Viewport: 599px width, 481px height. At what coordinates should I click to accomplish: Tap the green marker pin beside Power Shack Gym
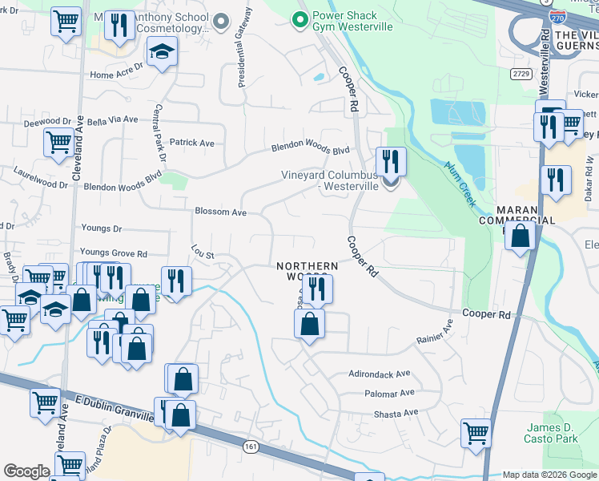pyautogui.click(x=301, y=18)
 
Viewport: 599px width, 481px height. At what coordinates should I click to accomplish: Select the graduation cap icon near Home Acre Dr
pyautogui.click(x=163, y=52)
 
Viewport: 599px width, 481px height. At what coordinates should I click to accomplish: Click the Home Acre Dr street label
pyautogui.click(x=115, y=75)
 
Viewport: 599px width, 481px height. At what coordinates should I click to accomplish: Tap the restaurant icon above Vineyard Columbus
pyautogui.click(x=391, y=161)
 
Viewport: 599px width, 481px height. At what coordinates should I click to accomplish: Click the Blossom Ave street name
pyautogui.click(x=220, y=212)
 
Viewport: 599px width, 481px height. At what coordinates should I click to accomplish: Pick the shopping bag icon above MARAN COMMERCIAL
pyautogui.click(x=521, y=237)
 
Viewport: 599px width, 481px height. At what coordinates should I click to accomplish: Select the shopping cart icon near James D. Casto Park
pyautogui.click(x=476, y=434)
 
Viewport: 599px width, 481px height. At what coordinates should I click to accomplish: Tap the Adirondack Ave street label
pyautogui.click(x=379, y=374)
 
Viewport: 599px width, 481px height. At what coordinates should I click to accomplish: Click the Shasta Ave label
pyautogui.click(x=396, y=413)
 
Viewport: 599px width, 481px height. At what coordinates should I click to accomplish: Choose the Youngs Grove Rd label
pyautogui.click(x=114, y=253)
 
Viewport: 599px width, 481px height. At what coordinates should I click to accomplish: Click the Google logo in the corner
pyautogui.click(x=27, y=471)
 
